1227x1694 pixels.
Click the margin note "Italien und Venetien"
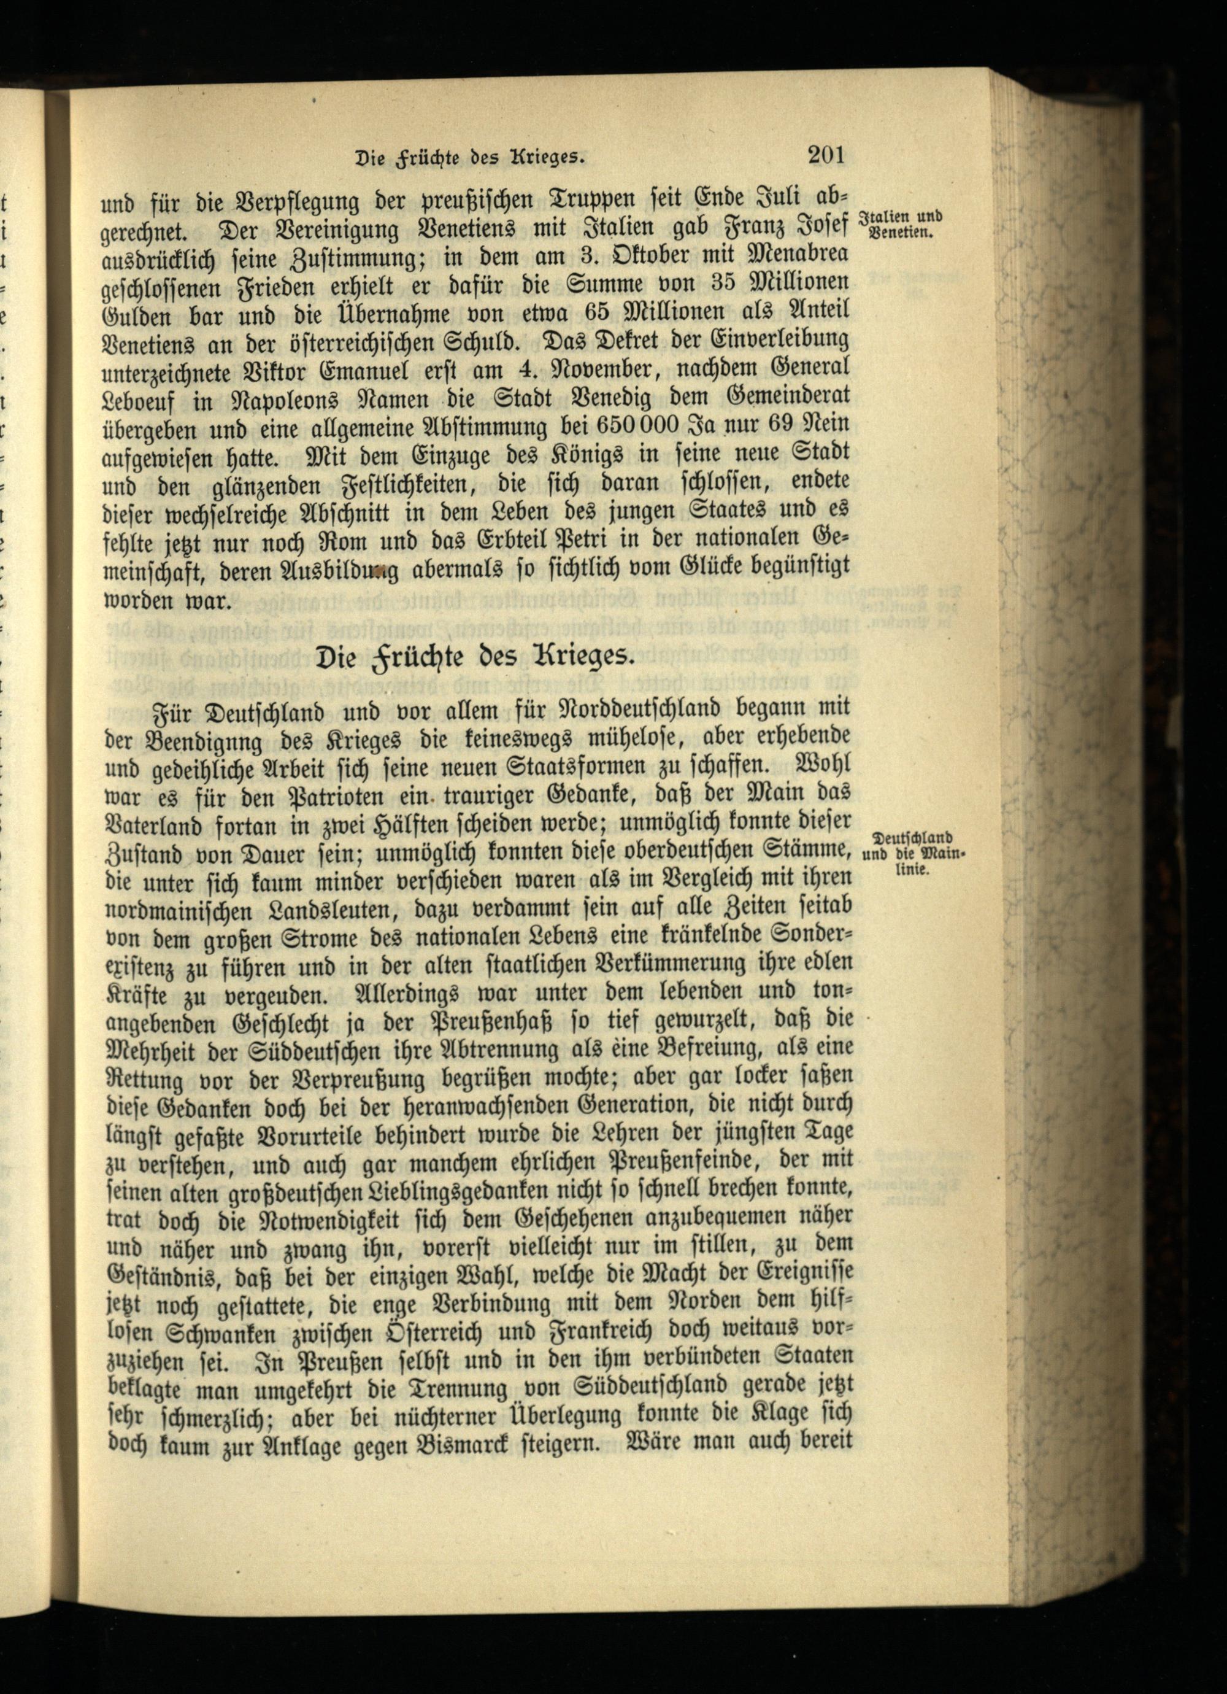pos(901,224)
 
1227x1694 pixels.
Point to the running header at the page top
pos(469,158)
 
